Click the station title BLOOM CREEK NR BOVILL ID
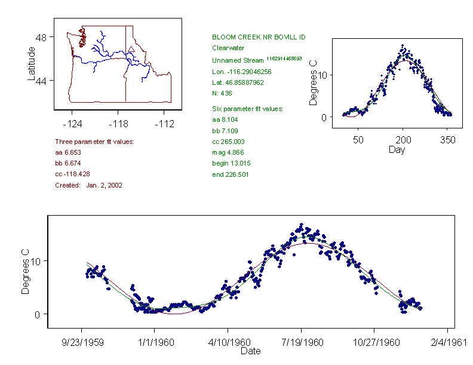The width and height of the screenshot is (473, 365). click(x=259, y=37)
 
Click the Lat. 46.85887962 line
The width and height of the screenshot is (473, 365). click(x=238, y=82)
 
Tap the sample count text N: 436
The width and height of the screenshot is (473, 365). click(x=222, y=93)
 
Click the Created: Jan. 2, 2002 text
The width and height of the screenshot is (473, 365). click(x=88, y=185)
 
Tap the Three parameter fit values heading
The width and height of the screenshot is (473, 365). click(x=94, y=142)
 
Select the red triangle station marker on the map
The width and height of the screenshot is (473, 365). click(x=131, y=49)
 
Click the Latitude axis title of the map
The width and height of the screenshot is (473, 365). click(x=32, y=63)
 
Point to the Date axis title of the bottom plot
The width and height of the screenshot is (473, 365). click(x=250, y=351)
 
